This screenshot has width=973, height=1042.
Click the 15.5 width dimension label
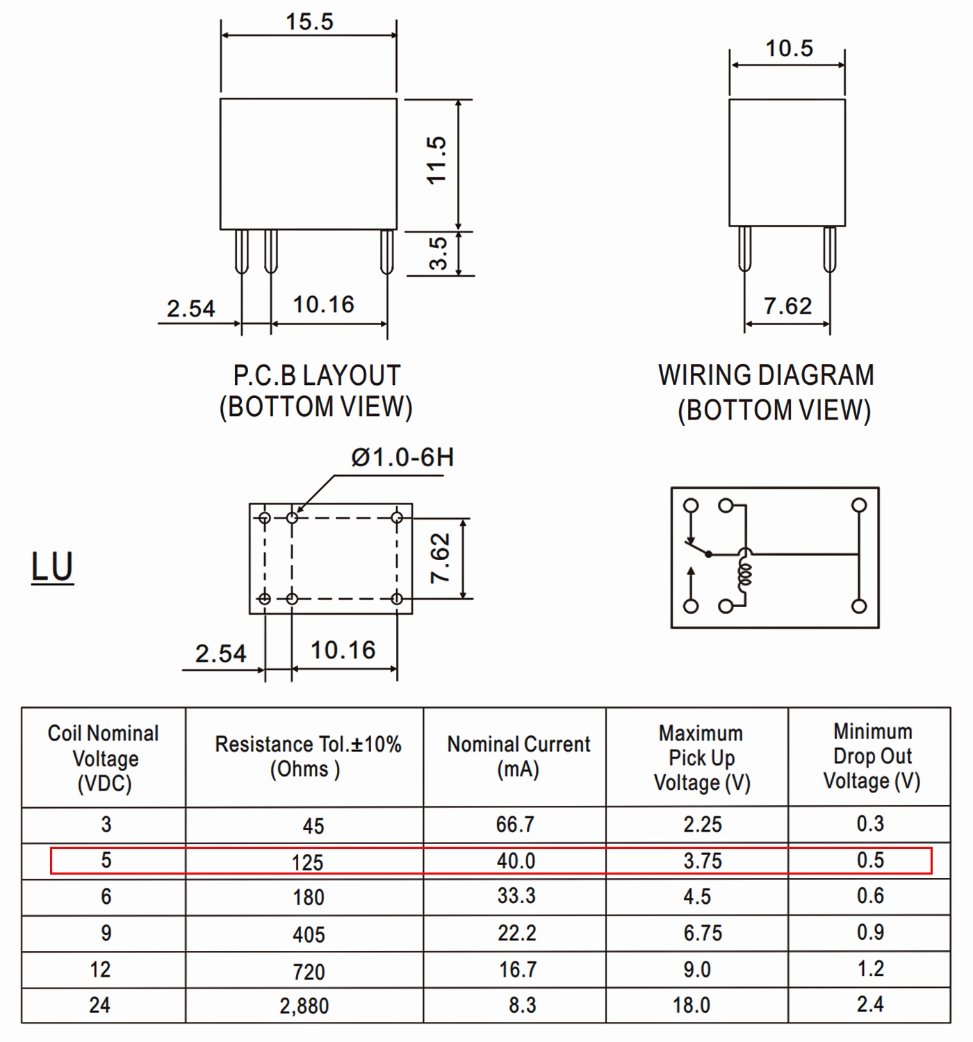(x=309, y=22)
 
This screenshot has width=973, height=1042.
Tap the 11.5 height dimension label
(x=436, y=160)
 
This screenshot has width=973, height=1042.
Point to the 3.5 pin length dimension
(x=438, y=254)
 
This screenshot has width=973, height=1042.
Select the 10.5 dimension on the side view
(x=790, y=49)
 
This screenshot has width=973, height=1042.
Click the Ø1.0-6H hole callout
(x=402, y=458)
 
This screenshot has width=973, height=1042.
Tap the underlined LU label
(x=52, y=567)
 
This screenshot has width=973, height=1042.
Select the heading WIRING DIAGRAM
(x=766, y=376)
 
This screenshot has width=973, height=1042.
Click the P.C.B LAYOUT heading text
(x=317, y=376)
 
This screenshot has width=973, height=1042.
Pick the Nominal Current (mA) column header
(x=518, y=756)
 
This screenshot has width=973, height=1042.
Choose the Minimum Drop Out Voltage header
(x=872, y=756)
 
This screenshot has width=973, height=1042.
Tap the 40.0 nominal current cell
(x=516, y=861)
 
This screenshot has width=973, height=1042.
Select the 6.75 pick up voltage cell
(x=703, y=934)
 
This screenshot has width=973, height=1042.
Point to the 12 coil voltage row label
(x=100, y=970)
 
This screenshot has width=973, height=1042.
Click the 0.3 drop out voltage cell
(x=870, y=824)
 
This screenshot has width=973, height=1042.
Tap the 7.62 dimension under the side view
(x=787, y=306)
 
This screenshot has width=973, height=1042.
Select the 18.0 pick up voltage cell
(x=692, y=1006)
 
